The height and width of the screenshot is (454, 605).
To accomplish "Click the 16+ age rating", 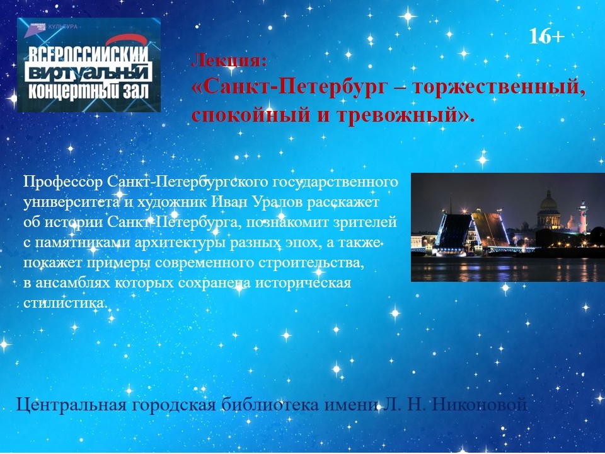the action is click(x=546, y=37).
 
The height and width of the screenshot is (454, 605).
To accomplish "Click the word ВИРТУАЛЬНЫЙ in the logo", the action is click(x=89, y=72).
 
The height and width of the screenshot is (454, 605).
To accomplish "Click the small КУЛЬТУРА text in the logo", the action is click(x=63, y=26).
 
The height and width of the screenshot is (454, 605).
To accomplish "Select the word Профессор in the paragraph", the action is click(x=63, y=182).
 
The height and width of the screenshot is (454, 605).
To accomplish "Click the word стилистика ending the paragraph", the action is click(x=64, y=303).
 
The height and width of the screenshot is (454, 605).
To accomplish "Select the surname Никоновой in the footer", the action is click(x=479, y=405).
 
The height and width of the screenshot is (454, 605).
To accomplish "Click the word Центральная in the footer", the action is click(x=71, y=405).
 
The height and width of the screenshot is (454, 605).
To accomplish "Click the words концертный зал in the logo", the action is click(x=89, y=91).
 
